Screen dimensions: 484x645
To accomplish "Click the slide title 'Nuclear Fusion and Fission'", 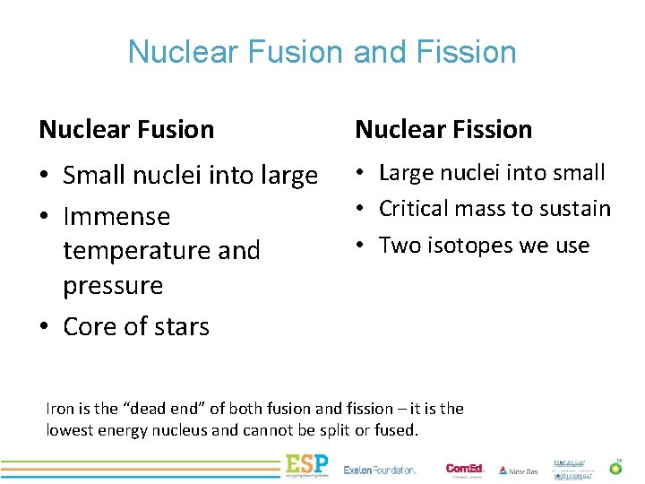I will [322, 52].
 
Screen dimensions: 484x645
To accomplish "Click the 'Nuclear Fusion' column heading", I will [126, 129].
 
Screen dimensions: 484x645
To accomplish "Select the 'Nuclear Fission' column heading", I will [443, 129].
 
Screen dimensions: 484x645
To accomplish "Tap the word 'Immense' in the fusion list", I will [116, 217].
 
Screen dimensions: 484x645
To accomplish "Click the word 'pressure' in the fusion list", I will [113, 286].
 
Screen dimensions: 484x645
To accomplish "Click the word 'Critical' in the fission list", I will [418, 209].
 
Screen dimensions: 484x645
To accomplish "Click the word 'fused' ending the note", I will [396, 430].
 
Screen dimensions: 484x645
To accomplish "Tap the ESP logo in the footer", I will [306, 466].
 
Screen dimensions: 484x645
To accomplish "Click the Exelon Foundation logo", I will [380, 469].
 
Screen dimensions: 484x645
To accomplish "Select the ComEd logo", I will [465, 468].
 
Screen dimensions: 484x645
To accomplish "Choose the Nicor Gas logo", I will [519, 470].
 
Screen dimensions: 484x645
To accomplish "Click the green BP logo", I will [615, 467].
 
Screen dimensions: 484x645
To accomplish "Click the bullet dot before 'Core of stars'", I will [45, 327].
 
